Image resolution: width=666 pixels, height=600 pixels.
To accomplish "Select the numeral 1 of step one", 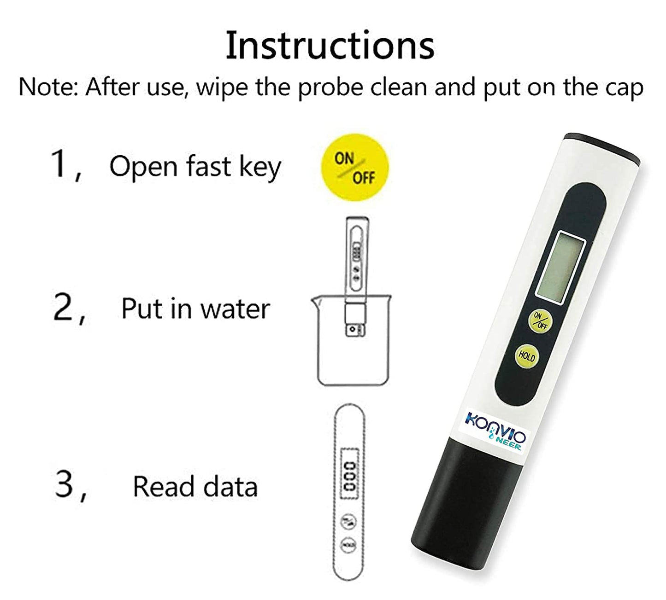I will pos(60,163).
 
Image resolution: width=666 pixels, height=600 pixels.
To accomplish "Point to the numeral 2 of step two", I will pos(63,309).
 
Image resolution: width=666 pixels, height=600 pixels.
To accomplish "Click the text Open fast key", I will pos(194,167).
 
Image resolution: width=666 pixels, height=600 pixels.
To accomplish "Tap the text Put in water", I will pos(195,309).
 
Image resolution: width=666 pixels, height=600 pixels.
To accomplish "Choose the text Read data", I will pos(195,487).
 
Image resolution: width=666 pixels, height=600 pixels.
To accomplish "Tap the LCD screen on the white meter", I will pos(561,267).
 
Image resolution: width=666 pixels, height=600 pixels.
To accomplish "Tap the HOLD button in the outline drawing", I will pos(349,545).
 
